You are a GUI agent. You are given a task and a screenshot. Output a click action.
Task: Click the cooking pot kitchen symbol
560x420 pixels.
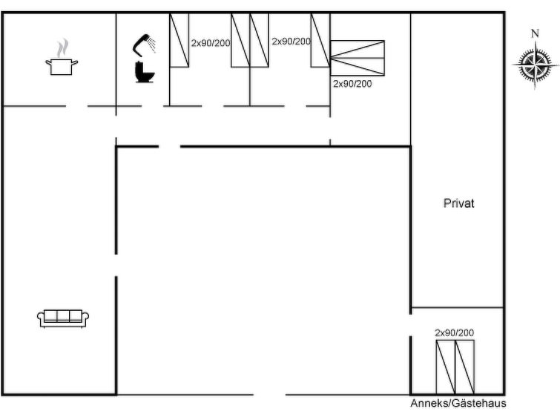tap(62, 67)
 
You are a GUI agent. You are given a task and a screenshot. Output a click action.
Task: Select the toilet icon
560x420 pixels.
tap(145, 72)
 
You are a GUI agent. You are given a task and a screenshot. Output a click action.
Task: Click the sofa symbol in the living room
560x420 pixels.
tap(63, 318)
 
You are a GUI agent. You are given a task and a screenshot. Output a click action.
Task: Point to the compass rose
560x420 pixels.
tap(535, 65)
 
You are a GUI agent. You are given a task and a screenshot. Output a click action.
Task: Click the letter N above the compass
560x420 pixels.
tap(535, 33)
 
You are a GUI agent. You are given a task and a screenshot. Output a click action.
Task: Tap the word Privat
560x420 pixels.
tap(458, 203)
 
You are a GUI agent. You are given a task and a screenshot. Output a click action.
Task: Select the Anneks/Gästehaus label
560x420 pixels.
tap(458, 403)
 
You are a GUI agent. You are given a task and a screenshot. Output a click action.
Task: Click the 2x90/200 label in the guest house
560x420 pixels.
tap(454, 332)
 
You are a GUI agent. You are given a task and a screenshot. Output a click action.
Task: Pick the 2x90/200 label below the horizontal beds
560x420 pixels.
tap(352, 84)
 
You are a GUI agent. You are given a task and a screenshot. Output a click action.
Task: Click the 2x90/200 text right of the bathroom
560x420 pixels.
tap(211, 43)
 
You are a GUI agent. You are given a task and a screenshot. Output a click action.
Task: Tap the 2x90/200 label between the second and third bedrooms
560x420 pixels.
tap(291, 42)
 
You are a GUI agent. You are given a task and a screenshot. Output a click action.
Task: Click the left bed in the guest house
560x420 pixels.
tap(446, 367)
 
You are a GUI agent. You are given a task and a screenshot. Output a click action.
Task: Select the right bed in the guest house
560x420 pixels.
tap(465, 367)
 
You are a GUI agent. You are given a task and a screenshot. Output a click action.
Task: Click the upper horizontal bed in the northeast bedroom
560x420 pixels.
tap(358, 49)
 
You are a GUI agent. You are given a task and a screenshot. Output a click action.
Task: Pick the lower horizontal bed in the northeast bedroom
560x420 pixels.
tap(358, 67)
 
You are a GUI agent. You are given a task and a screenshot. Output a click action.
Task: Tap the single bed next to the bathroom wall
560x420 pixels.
tap(179, 40)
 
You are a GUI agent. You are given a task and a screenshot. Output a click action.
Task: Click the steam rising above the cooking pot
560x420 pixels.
tap(62, 48)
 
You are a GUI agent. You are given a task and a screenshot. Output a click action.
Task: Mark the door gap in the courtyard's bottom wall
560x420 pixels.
tap(270, 395)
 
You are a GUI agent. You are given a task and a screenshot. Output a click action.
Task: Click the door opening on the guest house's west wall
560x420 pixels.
tap(410, 325)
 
